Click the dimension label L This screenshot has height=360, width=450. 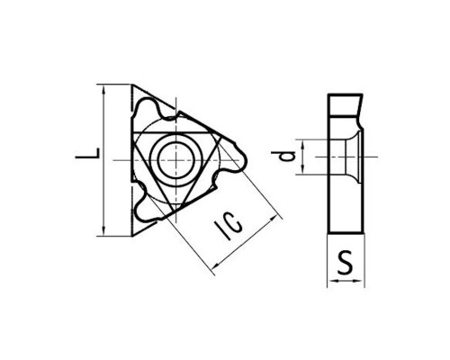coord(87,153)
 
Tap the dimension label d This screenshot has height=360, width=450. coord(283,157)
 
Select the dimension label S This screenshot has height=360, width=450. coord(346,264)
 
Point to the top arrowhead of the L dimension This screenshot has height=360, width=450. coord(103,89)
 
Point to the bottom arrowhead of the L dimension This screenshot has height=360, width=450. coord(103,231)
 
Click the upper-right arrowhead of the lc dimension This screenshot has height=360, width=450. coord(274,219)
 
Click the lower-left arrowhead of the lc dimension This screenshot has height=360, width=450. coord(215,265)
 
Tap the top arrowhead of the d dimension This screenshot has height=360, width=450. coord(302,144)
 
